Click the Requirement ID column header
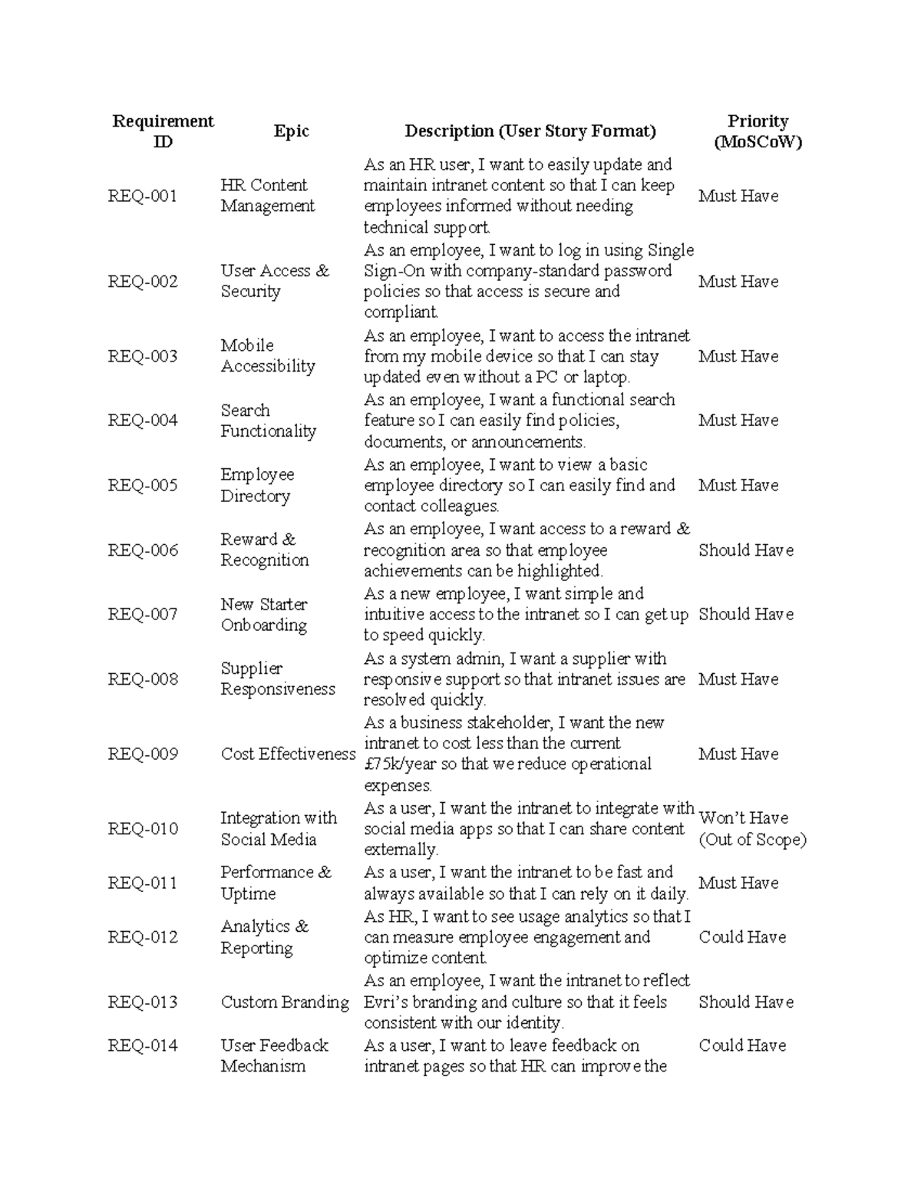coord(163,131)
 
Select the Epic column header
coord(291,131)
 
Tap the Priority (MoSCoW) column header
coord(758,131)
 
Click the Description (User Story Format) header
coord(530,131)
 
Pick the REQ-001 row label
coord(143,196)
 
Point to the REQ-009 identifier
coord(143,754)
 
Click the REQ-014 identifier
coord(143,1045)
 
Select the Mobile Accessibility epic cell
coord(268,356)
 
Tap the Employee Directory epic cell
coord(257,485)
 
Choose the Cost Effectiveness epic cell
coord(288,754)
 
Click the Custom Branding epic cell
coord(285,1002)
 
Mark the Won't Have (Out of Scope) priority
coord(752,829)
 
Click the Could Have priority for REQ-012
coord(742,937)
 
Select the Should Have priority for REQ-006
coord(745,550)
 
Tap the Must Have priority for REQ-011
coord(738,883)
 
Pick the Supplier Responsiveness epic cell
coord(278,679)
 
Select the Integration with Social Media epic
coord(279,829)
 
